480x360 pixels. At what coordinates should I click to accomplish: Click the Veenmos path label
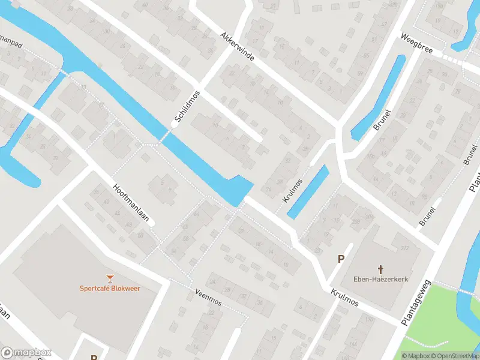(x=208, y=296)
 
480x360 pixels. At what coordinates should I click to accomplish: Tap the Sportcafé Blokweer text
(x=110, y=288)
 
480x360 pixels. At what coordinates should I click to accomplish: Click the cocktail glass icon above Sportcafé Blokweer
(x=110, y=278)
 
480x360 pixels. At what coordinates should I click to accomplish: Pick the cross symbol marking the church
(x=380, y=269)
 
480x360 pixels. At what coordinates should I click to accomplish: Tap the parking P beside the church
(x=341, y=259)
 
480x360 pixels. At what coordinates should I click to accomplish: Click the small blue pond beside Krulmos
(x=308, y=192)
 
